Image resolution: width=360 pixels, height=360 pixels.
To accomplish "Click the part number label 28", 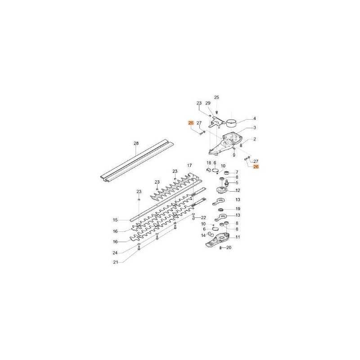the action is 136,144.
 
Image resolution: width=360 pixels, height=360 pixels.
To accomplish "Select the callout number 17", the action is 189,165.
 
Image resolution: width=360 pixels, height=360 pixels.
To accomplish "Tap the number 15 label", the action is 115,220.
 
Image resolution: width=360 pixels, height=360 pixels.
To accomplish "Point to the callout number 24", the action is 115,253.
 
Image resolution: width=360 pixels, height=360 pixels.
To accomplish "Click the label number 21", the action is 116,262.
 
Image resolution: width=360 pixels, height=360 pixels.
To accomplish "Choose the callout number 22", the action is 203,218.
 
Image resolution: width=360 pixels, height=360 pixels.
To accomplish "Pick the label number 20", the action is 229,248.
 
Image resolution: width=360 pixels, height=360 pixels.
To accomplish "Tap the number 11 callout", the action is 238,237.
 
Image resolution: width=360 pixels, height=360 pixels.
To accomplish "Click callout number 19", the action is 238,209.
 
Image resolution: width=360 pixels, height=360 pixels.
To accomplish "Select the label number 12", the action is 238,190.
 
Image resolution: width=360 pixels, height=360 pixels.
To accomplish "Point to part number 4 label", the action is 254,118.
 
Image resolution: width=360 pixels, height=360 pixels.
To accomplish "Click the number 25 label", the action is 216,97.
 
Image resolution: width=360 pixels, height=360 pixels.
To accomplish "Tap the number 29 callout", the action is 208,103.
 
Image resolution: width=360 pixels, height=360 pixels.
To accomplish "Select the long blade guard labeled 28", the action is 137,161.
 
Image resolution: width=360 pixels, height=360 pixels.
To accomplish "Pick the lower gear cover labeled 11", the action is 217,240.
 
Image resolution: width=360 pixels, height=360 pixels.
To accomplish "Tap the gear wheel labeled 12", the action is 222,190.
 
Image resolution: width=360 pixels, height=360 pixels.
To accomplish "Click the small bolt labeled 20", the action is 220,248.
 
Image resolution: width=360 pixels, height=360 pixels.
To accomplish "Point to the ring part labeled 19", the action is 221,210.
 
